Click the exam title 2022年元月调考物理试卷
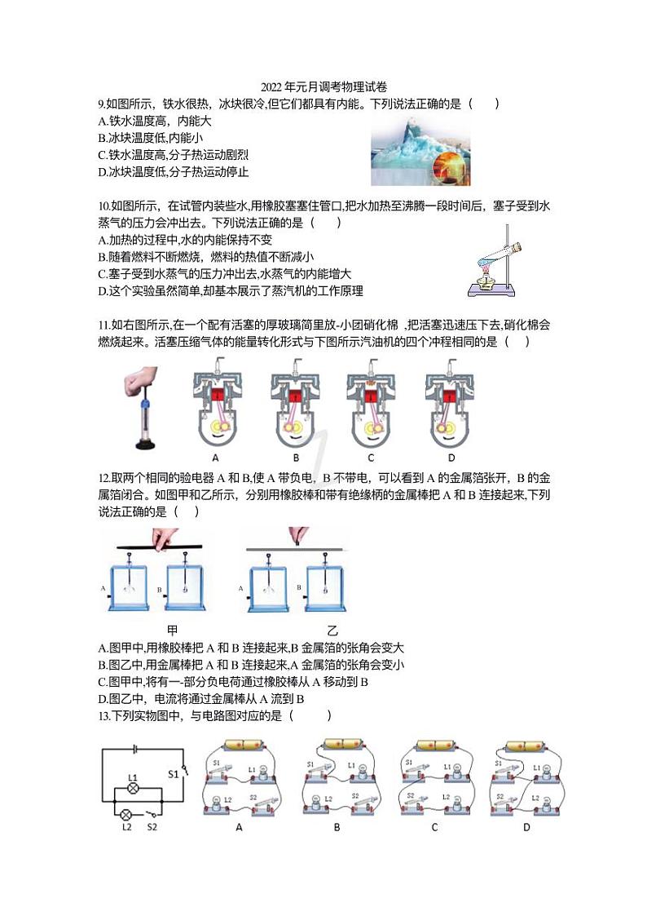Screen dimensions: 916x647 click(x=323, y=87)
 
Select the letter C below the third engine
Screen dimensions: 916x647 click(x=371, y=458)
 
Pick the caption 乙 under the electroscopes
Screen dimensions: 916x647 click(x=332, y=631)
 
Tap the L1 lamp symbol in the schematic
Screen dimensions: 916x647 click(x=133, y=790)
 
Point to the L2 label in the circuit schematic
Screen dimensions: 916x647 click(x=126, y=827)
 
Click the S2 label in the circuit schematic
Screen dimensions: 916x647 click(x=152, y=827)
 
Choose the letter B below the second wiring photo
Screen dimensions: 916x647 click(x=337, y=827)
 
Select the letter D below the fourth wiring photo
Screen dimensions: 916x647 click(x=526, y=827)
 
